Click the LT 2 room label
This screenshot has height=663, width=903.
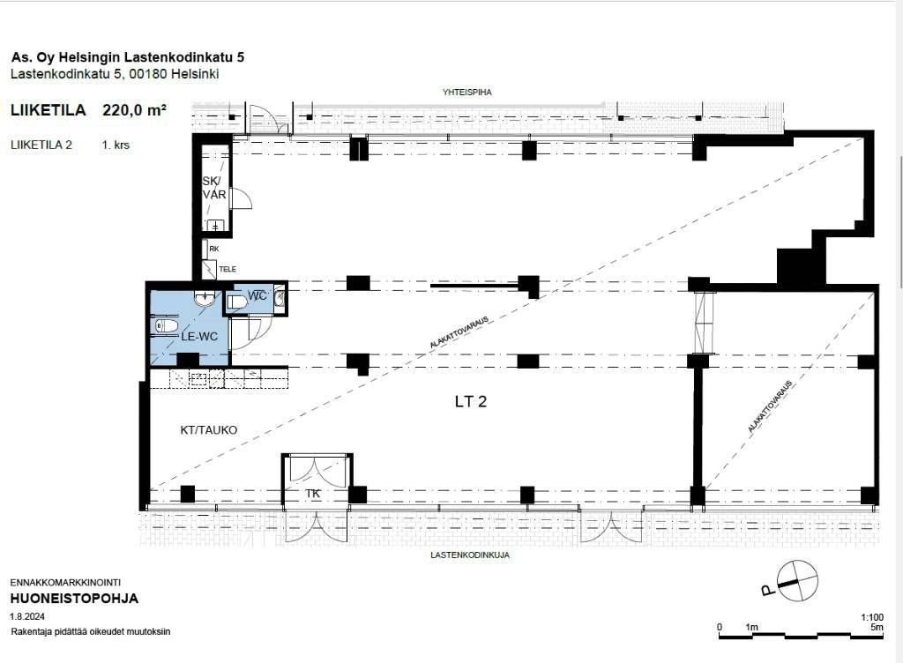471,402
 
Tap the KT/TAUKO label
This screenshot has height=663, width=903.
208,430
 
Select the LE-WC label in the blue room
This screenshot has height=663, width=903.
199,337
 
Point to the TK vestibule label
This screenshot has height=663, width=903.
313,494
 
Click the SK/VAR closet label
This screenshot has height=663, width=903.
213,188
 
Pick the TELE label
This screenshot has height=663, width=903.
228,269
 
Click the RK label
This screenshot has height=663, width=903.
214,250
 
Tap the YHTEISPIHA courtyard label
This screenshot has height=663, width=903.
467,92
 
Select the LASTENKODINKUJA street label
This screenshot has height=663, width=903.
470,555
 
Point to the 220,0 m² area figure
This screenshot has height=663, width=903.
135,110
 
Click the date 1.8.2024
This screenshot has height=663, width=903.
27,616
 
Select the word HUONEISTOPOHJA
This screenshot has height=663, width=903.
74,599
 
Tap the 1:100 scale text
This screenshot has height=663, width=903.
872,617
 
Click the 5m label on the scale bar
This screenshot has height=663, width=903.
877,628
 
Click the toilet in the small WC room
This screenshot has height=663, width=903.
237,302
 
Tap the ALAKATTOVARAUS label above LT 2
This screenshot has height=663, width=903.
459,332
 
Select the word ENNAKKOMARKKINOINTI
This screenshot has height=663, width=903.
65,583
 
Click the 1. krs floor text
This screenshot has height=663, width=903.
116,145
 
